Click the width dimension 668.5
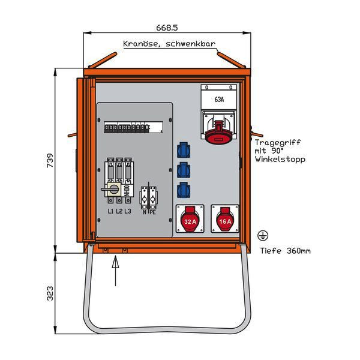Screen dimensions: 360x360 [167, 28]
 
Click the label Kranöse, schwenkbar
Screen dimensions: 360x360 [169, 44]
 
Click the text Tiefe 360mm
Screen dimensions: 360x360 [286, 251]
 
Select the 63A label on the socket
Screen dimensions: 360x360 [219, 100]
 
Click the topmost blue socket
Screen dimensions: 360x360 [184, 148]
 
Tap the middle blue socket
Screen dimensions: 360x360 [184, 169]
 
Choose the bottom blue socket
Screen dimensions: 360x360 [184, 190]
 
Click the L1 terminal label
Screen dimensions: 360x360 [111, 212]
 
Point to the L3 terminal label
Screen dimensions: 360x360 [128, 212]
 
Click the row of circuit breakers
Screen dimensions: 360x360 [133, 127]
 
